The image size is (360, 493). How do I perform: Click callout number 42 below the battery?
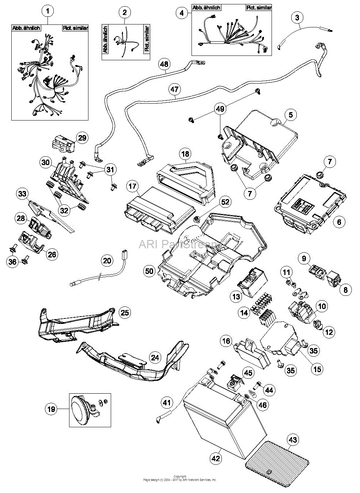pyautogui.click(x=216, y=458)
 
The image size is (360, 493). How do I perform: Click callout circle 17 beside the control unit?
pyautogui.click(x=133, y=186)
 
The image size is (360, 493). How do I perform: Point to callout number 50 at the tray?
pyautogui.click(x=150, y=271)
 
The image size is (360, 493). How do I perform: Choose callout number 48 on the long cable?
pyautogui.click(x=164, y=64)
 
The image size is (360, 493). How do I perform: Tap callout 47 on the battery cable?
pyautogui.click(x=174, y=89)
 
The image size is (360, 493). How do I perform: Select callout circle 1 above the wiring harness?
pyautogui.click(x=48, y=11)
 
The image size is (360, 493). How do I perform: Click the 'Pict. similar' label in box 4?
pyautogui.click(x=258, y=8)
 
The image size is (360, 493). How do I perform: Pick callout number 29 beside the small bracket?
pyautogui.click(x=82, y=138)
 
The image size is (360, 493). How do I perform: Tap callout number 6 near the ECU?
pyautogui.click(x=339, y=221)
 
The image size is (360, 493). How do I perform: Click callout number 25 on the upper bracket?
pyautogui.click(x=125, y=313)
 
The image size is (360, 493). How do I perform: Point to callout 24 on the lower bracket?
pyautogui.click(x=155, y=357)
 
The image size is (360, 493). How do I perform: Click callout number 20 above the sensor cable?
pyautogui.click(x=107, y=260)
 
